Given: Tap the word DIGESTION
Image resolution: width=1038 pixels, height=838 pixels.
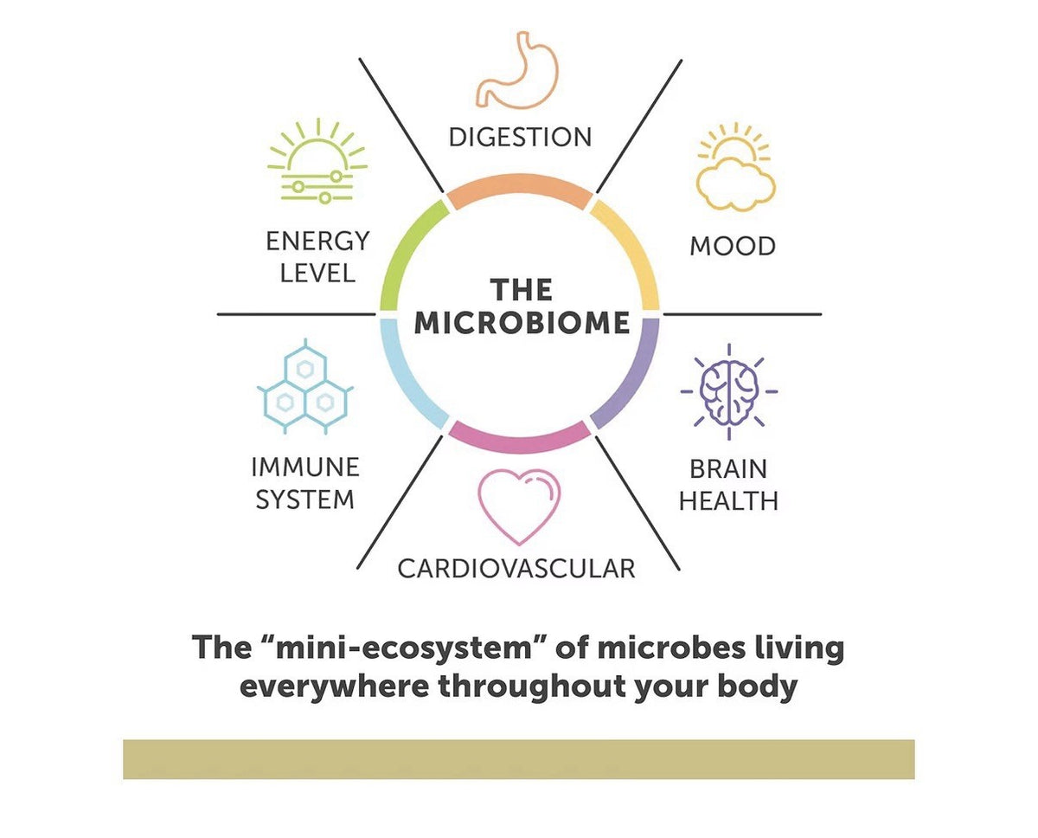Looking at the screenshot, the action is [520, 137].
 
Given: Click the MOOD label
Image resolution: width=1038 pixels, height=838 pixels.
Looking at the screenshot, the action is [733, 246].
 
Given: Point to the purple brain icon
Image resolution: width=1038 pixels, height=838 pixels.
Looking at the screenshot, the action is [729, 392].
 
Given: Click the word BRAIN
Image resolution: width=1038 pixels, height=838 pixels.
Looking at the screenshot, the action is [727, 469].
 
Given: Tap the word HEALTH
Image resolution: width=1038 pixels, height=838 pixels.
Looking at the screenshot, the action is [728, 501].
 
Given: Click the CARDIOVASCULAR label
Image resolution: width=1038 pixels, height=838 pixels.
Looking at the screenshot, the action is [516, 569].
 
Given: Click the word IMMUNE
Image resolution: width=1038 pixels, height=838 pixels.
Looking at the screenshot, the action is [305, 467].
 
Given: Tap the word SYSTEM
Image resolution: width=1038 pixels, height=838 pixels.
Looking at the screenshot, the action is [304, 500].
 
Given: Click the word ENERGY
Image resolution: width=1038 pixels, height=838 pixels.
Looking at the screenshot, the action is [317, 241].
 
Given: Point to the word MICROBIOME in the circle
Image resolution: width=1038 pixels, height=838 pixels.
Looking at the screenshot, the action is [522, 323].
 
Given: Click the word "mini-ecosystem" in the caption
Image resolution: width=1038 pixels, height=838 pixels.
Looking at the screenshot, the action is [405, 648].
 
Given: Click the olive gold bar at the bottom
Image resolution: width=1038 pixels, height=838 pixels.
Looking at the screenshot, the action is [518, 759].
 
